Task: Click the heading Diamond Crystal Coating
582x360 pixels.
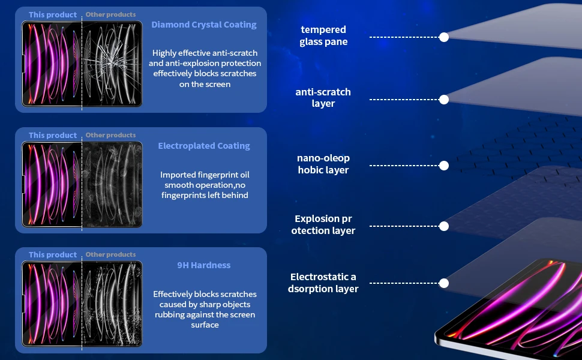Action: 204,25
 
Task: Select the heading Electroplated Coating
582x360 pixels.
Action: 204,146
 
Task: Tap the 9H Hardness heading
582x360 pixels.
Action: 204,265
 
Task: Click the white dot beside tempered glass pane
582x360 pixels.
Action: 444,37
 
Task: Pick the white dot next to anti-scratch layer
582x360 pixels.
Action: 444,100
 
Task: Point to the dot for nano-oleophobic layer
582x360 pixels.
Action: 444,166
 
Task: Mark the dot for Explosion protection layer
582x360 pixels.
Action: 444,226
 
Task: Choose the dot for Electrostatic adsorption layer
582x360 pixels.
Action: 444,283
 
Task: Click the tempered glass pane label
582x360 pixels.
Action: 323,35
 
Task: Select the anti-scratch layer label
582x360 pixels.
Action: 323,98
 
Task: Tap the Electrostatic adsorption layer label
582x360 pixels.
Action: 323,283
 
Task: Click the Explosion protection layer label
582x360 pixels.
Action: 323,225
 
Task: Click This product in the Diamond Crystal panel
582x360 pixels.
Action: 53,14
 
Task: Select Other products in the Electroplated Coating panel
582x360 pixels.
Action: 110,135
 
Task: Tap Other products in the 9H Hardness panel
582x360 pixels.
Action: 110,254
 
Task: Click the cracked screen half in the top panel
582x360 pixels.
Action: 112,64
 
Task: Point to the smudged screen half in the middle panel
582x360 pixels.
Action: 112,184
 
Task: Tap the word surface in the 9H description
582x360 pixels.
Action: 205,325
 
